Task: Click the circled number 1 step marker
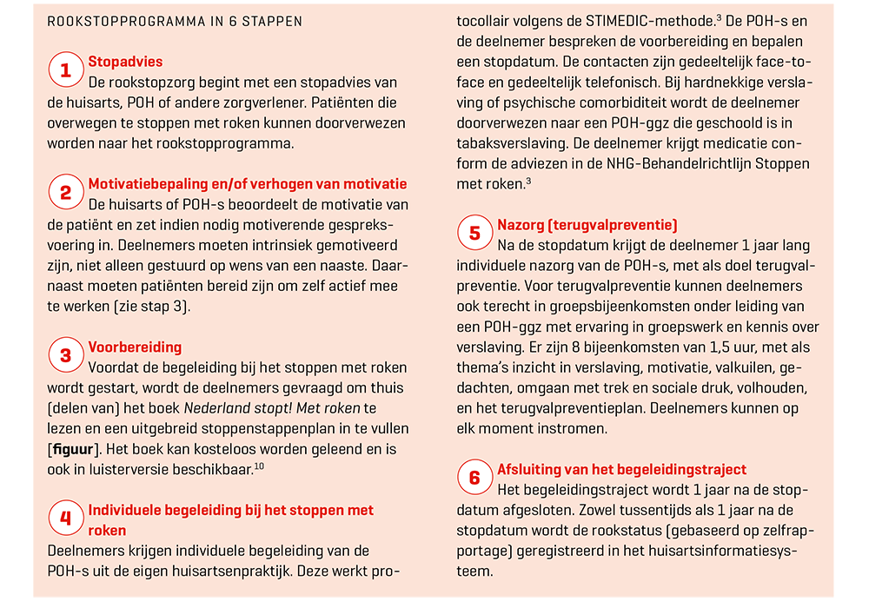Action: (65, 70)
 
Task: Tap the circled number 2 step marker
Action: (65, 192)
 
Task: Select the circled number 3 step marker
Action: (65, 355)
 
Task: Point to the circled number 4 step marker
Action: (65, 519)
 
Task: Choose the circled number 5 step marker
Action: (474, 233)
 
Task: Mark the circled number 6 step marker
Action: (474, 478)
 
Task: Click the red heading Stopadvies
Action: (125, 63)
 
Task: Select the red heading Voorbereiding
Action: (135, 347)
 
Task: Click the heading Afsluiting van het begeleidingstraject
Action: (621, 470)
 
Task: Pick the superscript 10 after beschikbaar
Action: (259, 466)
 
